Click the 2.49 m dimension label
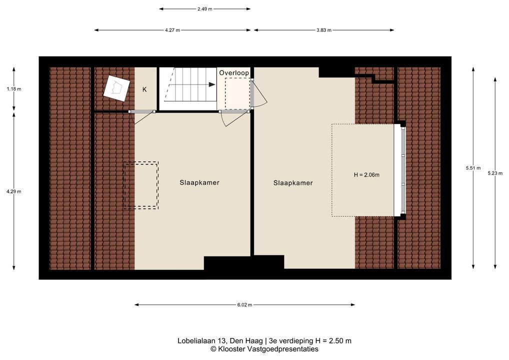[x=204, y=9]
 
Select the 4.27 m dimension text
[x=172, y=30]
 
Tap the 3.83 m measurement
[x=324, y=30]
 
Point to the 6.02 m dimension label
[x=244, y=305]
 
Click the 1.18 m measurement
[x=13, y=89]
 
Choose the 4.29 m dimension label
[x=13, y=191]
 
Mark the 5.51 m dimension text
[x=473, y=168]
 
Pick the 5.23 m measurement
[x=495, y=173]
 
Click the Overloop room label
[x=234, y=72]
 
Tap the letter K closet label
[x=144, y=89]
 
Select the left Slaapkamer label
[x=199, y=183]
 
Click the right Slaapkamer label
[x=293, y=183]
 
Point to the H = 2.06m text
[x=366, y=175]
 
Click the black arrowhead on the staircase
[x=211, y=84]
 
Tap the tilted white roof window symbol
[x=116, y=87]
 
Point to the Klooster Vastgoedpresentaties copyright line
[x=264, y=349]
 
